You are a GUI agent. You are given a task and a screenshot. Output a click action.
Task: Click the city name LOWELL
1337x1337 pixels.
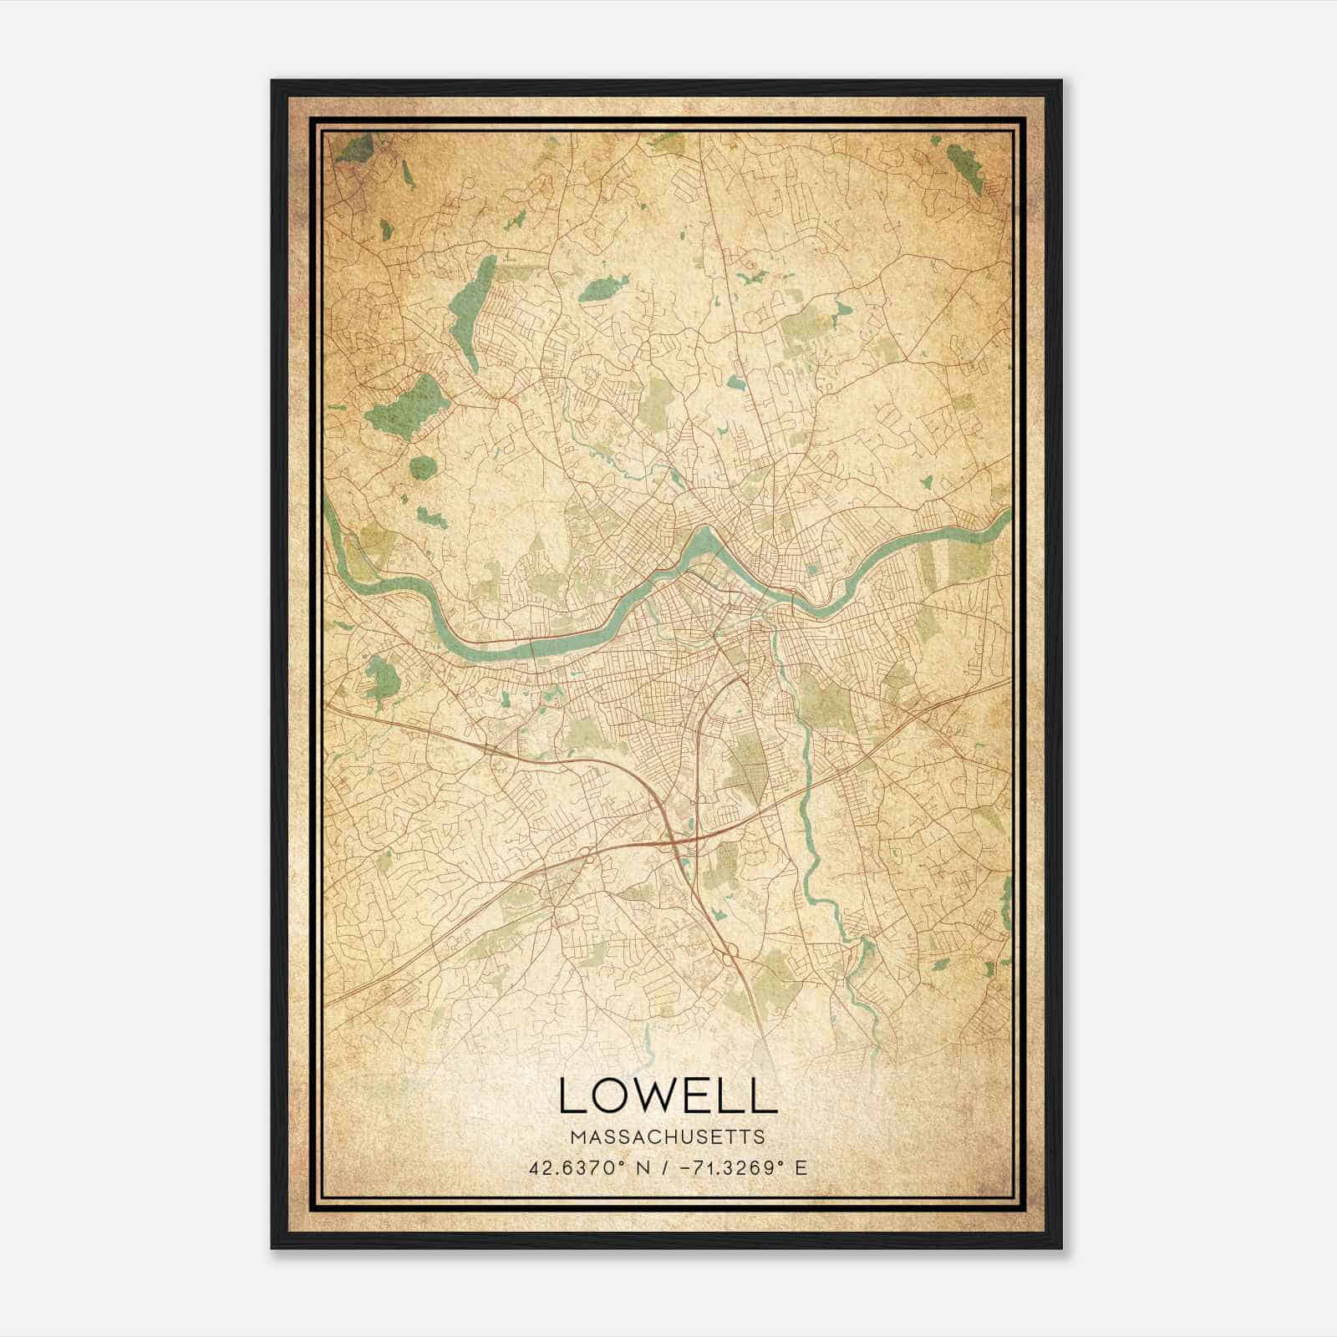(667, 1096)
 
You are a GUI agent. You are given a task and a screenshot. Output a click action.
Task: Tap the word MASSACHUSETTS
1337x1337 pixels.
(667, 1137)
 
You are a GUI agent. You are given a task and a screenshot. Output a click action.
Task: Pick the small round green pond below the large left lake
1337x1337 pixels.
(423, 466)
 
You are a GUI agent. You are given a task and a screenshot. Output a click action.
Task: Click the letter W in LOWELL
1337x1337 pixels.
(657, 1096)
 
